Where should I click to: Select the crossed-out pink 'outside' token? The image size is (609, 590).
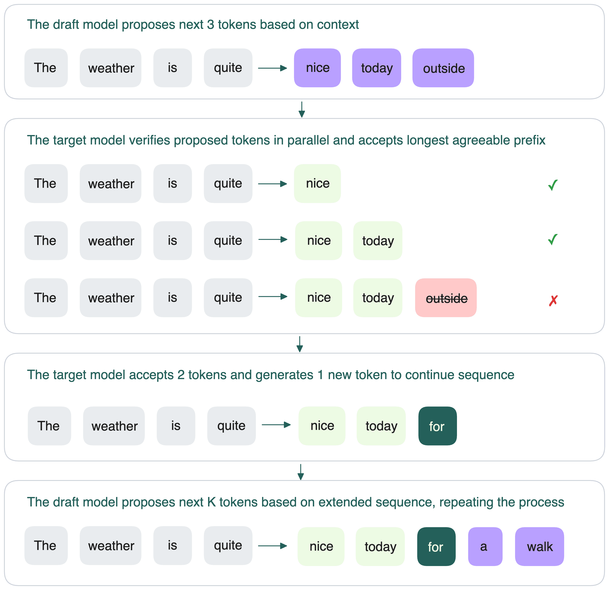pos(446,298)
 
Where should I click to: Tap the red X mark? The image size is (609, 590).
pos(553,300)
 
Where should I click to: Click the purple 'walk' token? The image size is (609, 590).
pos(539,546)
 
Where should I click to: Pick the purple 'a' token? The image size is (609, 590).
pos(485,546)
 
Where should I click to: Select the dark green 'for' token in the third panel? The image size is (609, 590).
pos(437,426)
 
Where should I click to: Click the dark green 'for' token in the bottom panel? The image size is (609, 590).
pos(436,546)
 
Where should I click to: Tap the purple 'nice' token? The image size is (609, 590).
pos(317,68)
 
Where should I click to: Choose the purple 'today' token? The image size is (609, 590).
pos(376,68)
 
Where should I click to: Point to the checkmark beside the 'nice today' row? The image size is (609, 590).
pos(552,239)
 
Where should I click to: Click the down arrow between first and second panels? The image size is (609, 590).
pos(301,109)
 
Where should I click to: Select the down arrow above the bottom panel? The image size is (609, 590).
pos(301,472)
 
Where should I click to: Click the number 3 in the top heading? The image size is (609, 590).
pos(210,25)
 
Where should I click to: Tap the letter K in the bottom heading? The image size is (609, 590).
pos(211,502)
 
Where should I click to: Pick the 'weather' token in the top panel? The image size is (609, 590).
pos(111,68)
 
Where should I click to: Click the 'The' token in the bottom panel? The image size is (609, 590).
pos(46,546)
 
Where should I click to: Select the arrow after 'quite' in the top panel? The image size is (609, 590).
pos(273,68)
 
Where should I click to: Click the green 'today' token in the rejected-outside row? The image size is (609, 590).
pos(378,298)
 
